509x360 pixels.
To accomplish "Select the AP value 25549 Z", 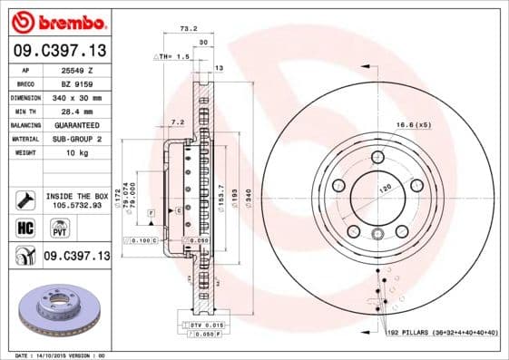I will click(x=78, y=70).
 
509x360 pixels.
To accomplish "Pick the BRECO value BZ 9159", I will click(x=78, y=83).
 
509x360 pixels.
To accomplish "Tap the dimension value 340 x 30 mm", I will click(x=78, y=97).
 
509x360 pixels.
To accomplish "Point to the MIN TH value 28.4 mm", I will click(x=78, y=111).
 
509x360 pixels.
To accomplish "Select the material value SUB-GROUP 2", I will click(x=78, y=139).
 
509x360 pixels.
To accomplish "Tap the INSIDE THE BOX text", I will click(x=78, y=196).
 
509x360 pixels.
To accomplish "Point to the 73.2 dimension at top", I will click(x=187, y=29).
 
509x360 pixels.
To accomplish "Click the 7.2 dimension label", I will click(x=177, y=122).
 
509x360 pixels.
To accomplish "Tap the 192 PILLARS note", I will click(x=443, y=334).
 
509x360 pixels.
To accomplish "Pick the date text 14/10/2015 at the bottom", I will click(x=56, y=354).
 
